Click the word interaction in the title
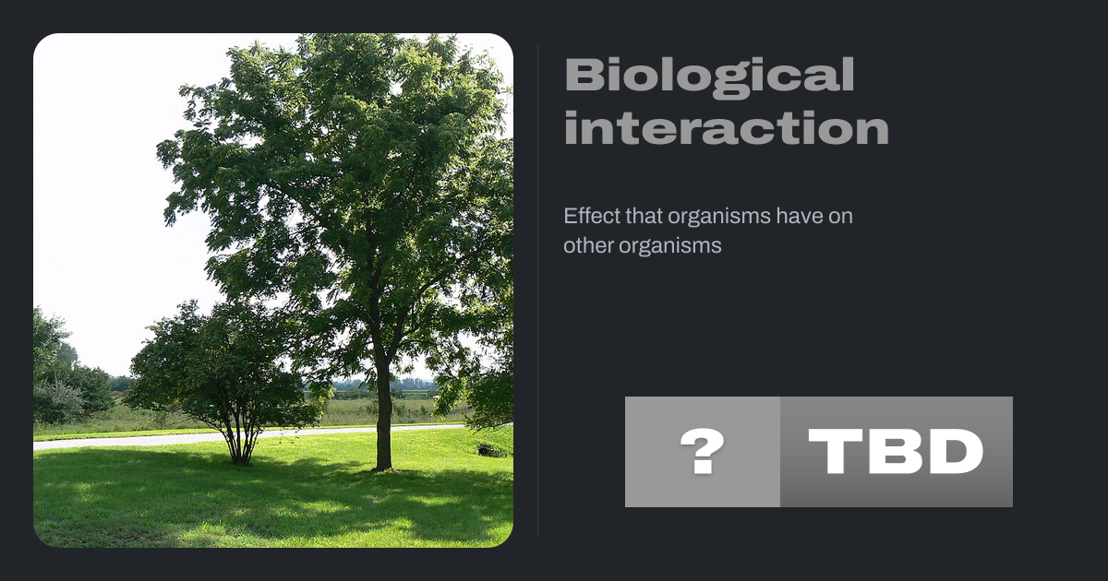(727, 127)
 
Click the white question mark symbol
(703, 452)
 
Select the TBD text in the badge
(896, 452)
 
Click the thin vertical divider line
(537, 290)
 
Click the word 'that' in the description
(643, 216)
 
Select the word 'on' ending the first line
(840, 218)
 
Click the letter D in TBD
(957, 452)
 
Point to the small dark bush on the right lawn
(491, 450)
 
